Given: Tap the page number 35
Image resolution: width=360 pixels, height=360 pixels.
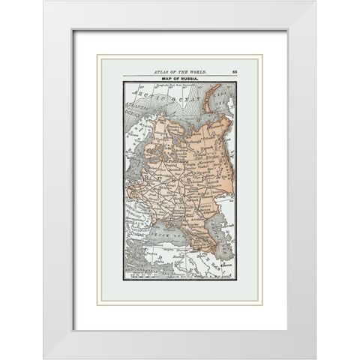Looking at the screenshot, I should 234,70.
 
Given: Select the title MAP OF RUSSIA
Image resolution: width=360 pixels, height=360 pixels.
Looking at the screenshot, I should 178,78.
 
